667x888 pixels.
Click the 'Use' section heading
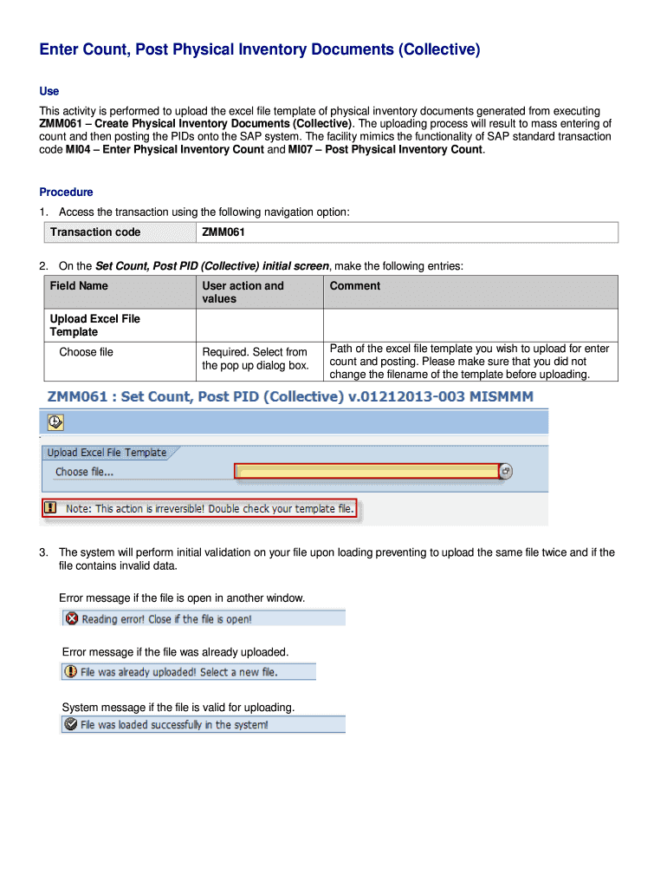(49, 91)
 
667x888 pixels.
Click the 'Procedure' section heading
(66, 192)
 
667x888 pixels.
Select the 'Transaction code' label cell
(95, 232)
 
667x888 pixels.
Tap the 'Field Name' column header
(79, 286)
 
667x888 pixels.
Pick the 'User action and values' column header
(243, 292)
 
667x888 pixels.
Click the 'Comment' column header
(354, 286)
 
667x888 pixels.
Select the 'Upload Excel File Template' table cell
(94, 325)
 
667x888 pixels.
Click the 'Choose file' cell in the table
(86, 352)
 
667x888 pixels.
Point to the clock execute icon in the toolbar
(55, 421)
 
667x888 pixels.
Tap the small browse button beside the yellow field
(507, 471)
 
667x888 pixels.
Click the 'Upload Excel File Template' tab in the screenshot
(107, 453)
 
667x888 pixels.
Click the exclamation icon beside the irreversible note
(51, 508)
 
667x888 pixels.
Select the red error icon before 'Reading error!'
(72, 618)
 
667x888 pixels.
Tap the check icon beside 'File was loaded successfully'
(70, 724)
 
